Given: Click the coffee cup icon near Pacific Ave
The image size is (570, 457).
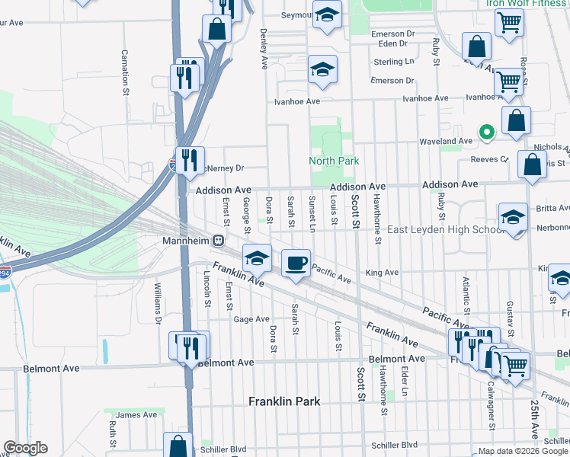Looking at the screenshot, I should [296, 264].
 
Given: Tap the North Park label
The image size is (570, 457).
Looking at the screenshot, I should [333, 161].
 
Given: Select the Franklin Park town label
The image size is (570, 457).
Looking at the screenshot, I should [284, 401].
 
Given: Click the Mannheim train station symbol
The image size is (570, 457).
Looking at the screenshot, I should [217, 241].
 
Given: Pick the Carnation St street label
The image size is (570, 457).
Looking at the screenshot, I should [124, 73].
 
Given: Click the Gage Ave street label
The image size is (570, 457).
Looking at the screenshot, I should [251, 319].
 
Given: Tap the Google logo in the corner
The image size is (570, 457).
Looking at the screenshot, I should [24, 448].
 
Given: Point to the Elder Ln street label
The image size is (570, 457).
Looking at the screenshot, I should [405, 381].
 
